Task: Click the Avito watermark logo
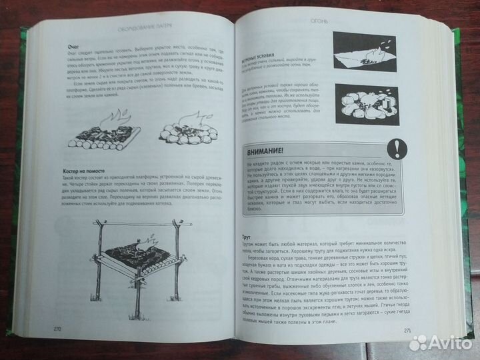(x=440, y=343)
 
